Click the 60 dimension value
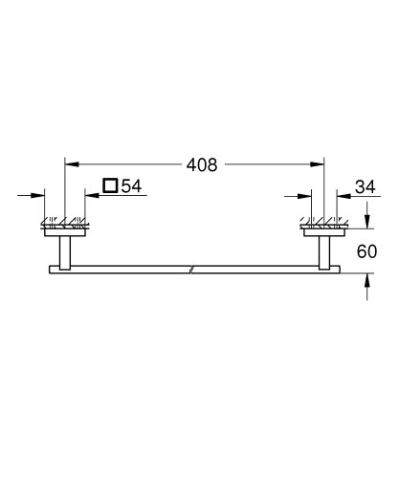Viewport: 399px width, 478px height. point(368,253)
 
